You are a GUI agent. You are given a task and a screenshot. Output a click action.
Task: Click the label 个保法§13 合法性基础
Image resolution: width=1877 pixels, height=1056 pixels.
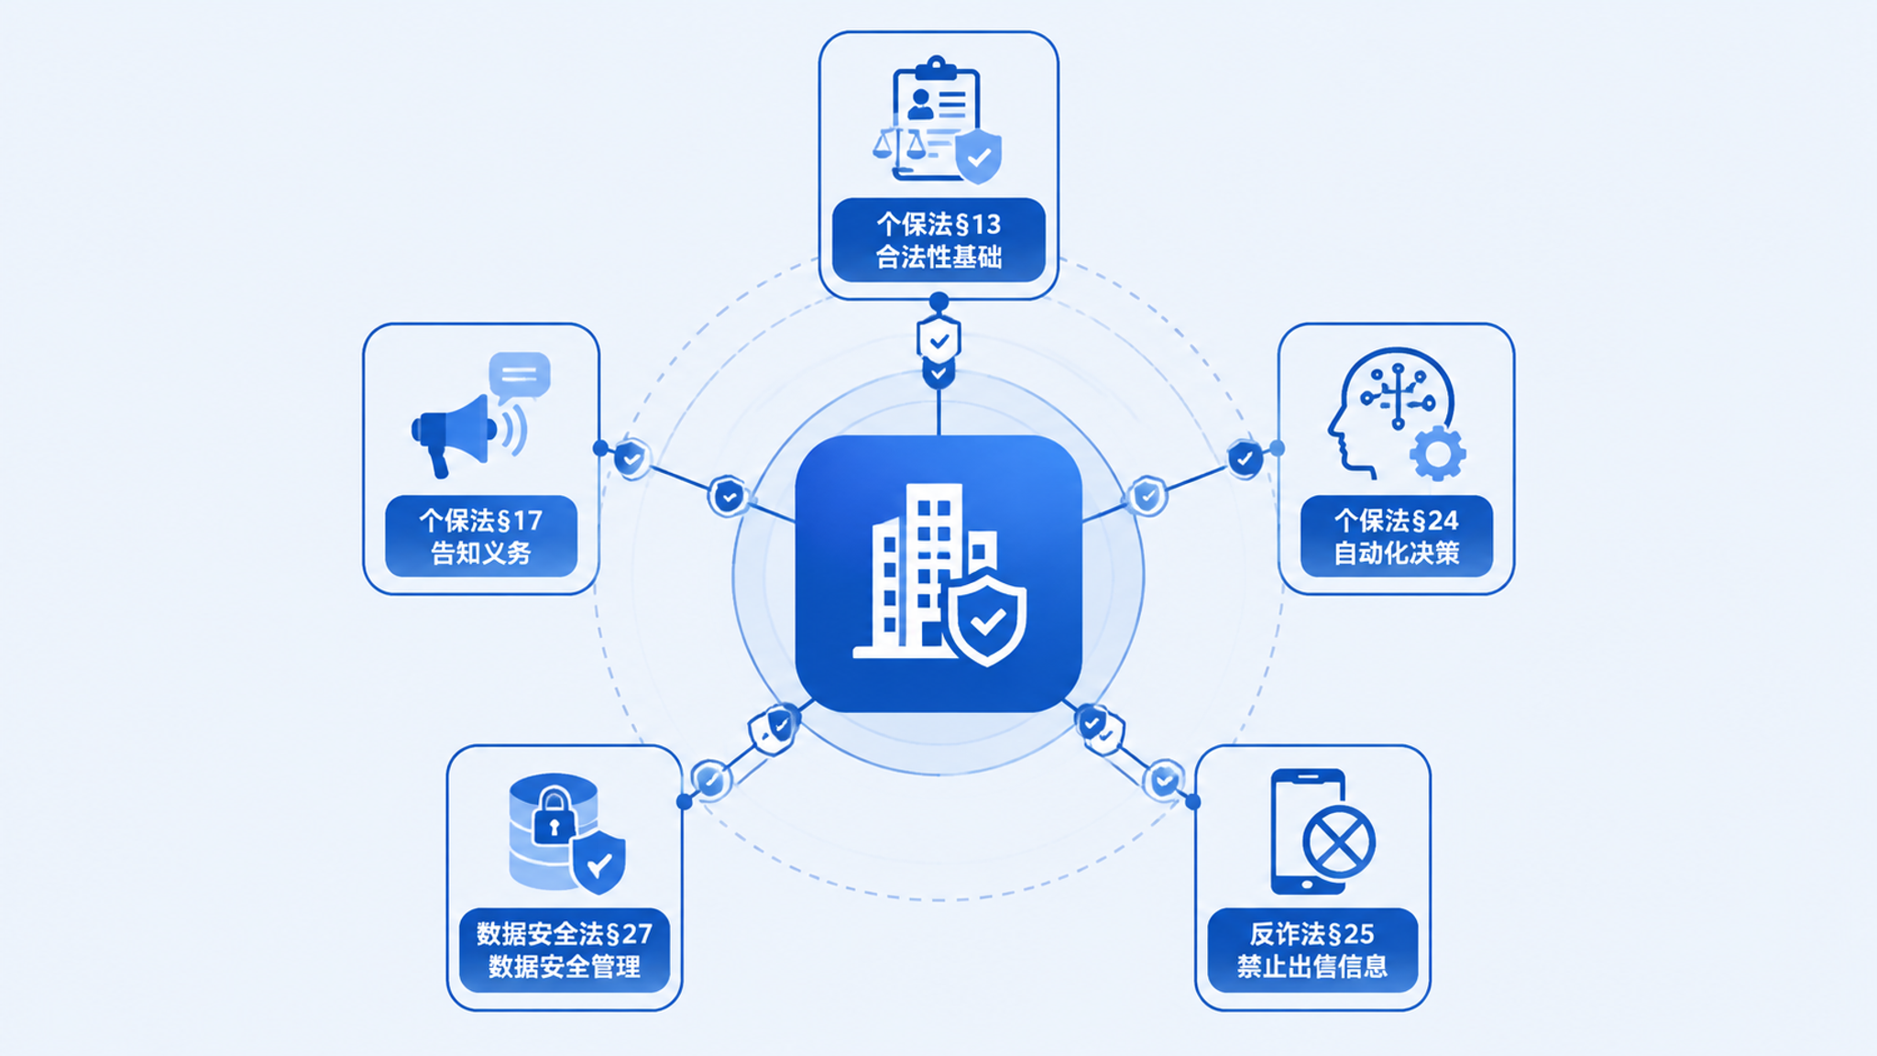coord(938,240)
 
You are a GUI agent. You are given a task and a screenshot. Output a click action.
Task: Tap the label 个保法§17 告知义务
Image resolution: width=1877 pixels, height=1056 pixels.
coord(481,536)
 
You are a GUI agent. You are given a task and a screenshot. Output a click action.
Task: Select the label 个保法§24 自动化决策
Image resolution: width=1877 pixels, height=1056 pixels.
coord(1396,536)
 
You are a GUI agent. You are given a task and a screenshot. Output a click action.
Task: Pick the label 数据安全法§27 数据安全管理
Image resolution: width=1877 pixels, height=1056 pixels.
coord(565,950)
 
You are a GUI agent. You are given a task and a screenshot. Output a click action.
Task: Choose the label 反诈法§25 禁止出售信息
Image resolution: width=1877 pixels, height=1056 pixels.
coord(1312,950)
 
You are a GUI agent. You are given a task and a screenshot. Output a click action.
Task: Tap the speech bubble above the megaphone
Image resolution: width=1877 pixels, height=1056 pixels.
coord(520,374)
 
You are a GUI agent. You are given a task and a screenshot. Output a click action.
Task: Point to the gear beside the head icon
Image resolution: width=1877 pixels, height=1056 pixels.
coord(1438,453)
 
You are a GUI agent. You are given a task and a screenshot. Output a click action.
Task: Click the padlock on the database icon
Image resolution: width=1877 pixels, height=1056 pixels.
coord(554,816)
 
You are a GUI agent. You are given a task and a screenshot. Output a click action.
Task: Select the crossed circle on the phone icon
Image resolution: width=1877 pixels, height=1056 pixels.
coord(1339,841)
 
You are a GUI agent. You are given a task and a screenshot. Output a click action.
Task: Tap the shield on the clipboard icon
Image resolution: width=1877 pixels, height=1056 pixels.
coord(978,156)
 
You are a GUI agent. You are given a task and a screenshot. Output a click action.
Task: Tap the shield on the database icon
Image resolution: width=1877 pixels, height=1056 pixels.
coord(598,862)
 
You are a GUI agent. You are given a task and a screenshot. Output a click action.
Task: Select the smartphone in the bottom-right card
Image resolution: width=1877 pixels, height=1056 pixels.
coord(1308,831)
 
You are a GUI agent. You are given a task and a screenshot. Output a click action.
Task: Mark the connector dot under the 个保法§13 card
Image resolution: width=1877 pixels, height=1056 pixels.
coord(938,302)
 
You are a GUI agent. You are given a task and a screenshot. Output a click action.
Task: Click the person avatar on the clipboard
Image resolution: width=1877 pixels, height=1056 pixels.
coord(920,104)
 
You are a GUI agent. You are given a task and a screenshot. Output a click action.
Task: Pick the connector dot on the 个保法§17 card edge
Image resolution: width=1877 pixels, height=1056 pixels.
coord(600,448)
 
